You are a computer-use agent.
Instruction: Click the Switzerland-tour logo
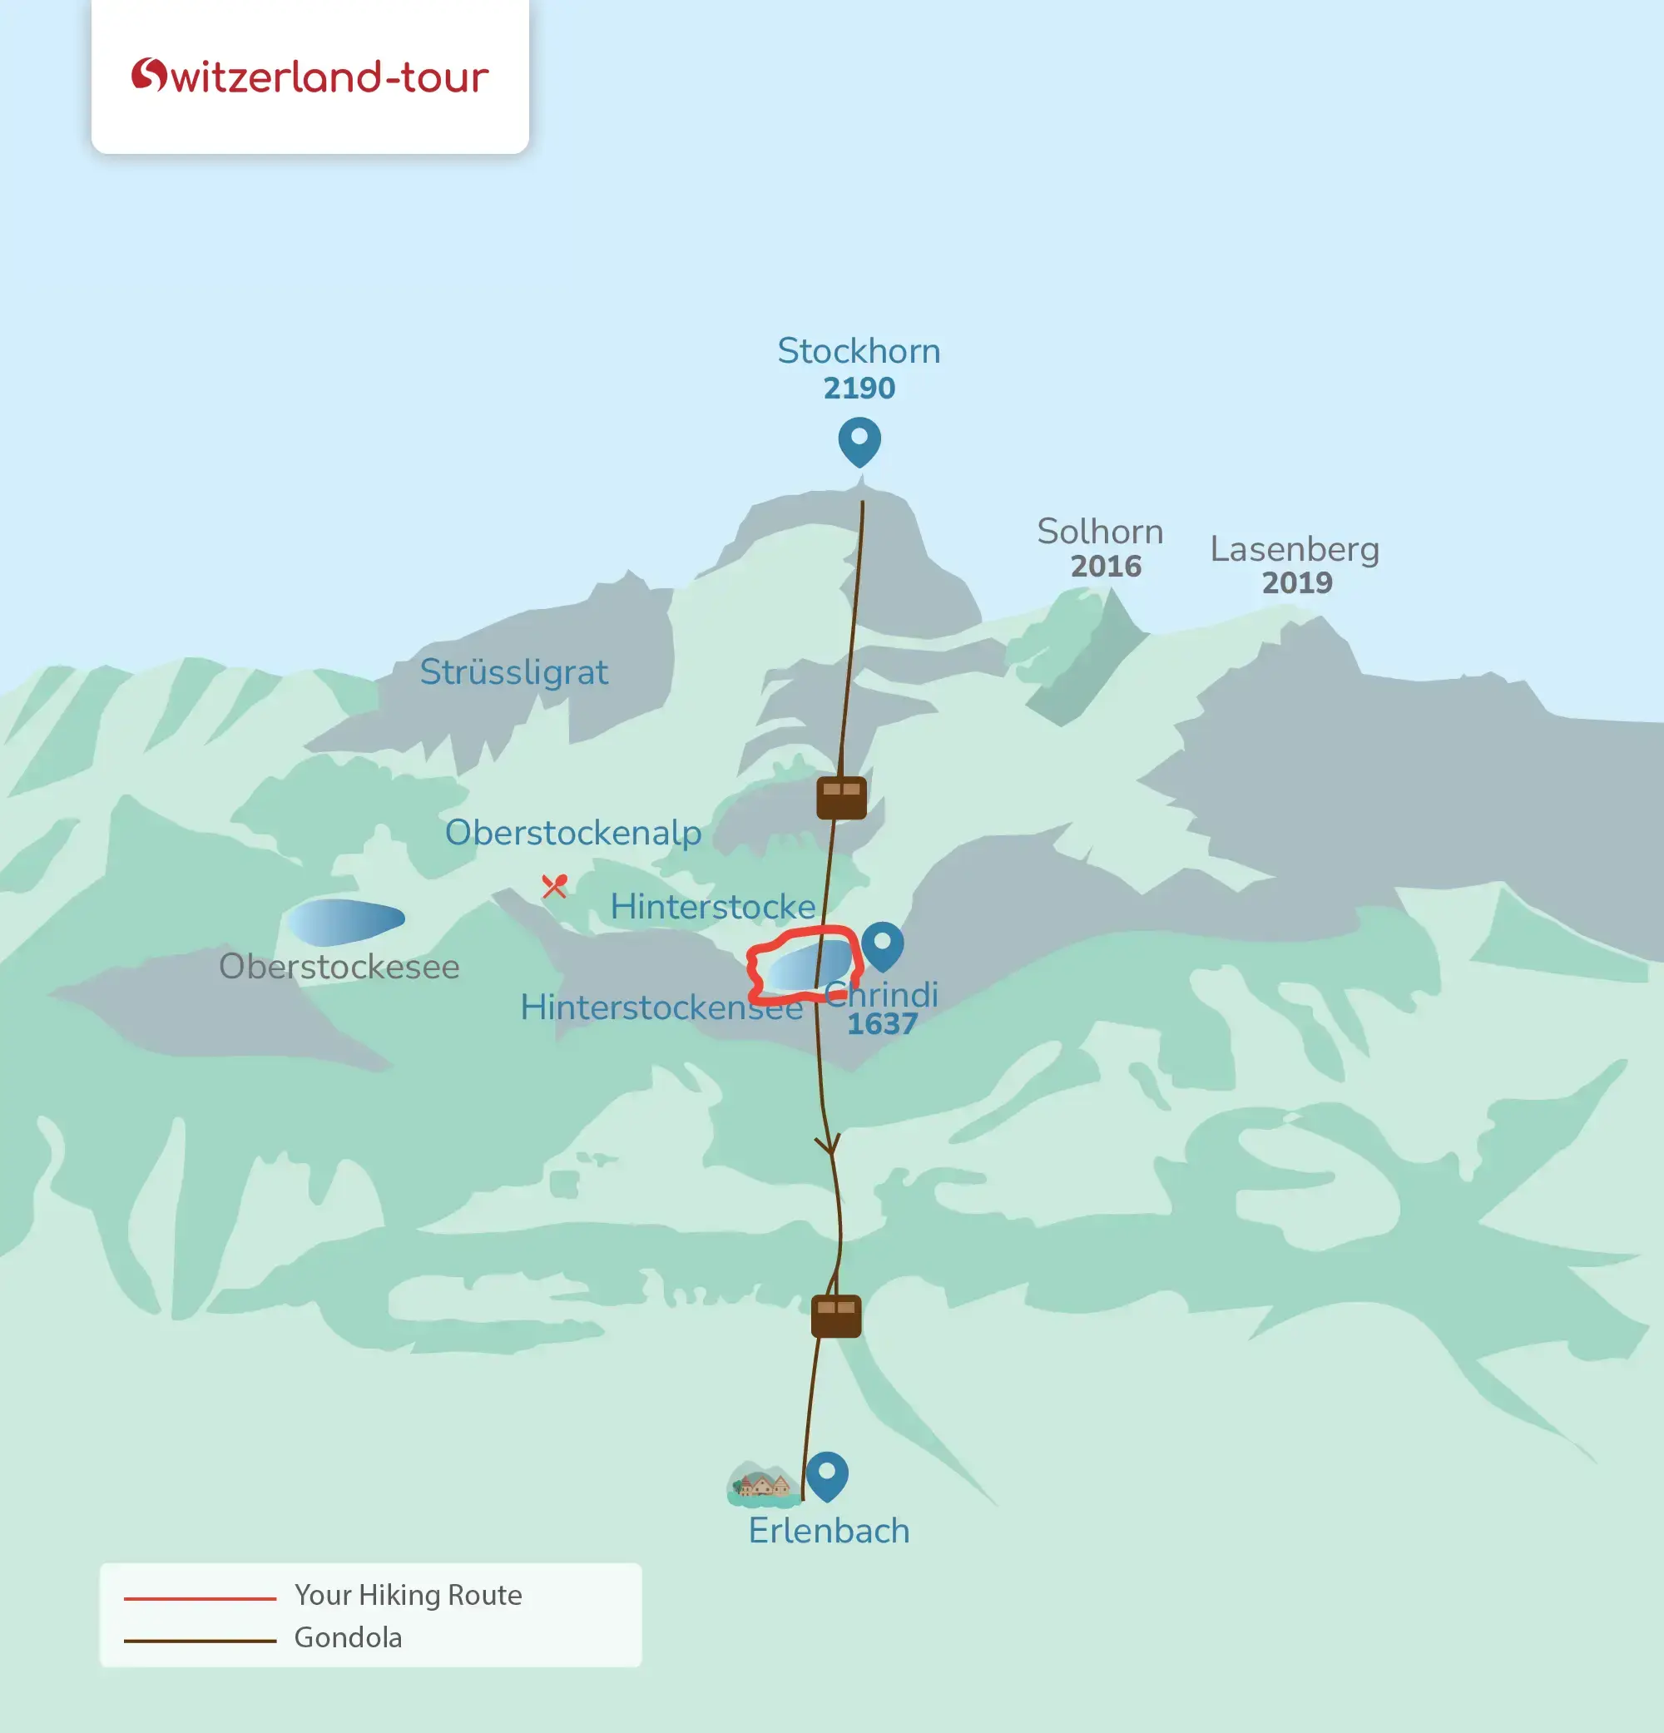click(310, 77)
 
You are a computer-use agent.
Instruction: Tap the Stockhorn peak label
click(859, 351)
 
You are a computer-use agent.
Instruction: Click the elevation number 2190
click(859, 389)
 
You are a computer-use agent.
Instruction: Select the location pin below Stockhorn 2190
click(859, 441)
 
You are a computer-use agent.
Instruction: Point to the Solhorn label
click(1100, 532)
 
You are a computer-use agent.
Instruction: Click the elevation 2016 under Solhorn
click(1106, 567)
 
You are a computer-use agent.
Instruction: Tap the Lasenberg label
click(1295, 549)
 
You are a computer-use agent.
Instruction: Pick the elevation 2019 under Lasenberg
click(1296, 583)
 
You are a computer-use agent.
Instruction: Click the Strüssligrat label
click(513, 672)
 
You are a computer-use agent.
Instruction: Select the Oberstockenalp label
click(573, 833)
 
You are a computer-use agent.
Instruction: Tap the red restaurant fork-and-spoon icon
click(554, 885)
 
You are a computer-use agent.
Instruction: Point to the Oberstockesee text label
click(339, 967)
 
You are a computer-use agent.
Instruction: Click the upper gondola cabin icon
click(841, 798)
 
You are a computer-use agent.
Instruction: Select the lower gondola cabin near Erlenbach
click(835, 1315)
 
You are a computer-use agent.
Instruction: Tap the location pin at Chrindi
click(883, 945)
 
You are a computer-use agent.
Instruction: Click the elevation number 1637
click(882, 1025)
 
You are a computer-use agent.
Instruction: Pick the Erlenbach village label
click(829, 1531)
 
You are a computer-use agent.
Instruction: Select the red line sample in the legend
click(200, 1598)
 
